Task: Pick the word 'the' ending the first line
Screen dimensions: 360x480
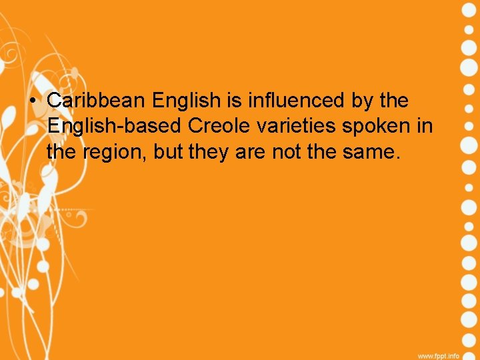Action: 394,101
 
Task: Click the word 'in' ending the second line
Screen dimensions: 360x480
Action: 425,126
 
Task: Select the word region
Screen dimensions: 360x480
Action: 113,153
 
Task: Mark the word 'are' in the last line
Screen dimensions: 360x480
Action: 252,153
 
